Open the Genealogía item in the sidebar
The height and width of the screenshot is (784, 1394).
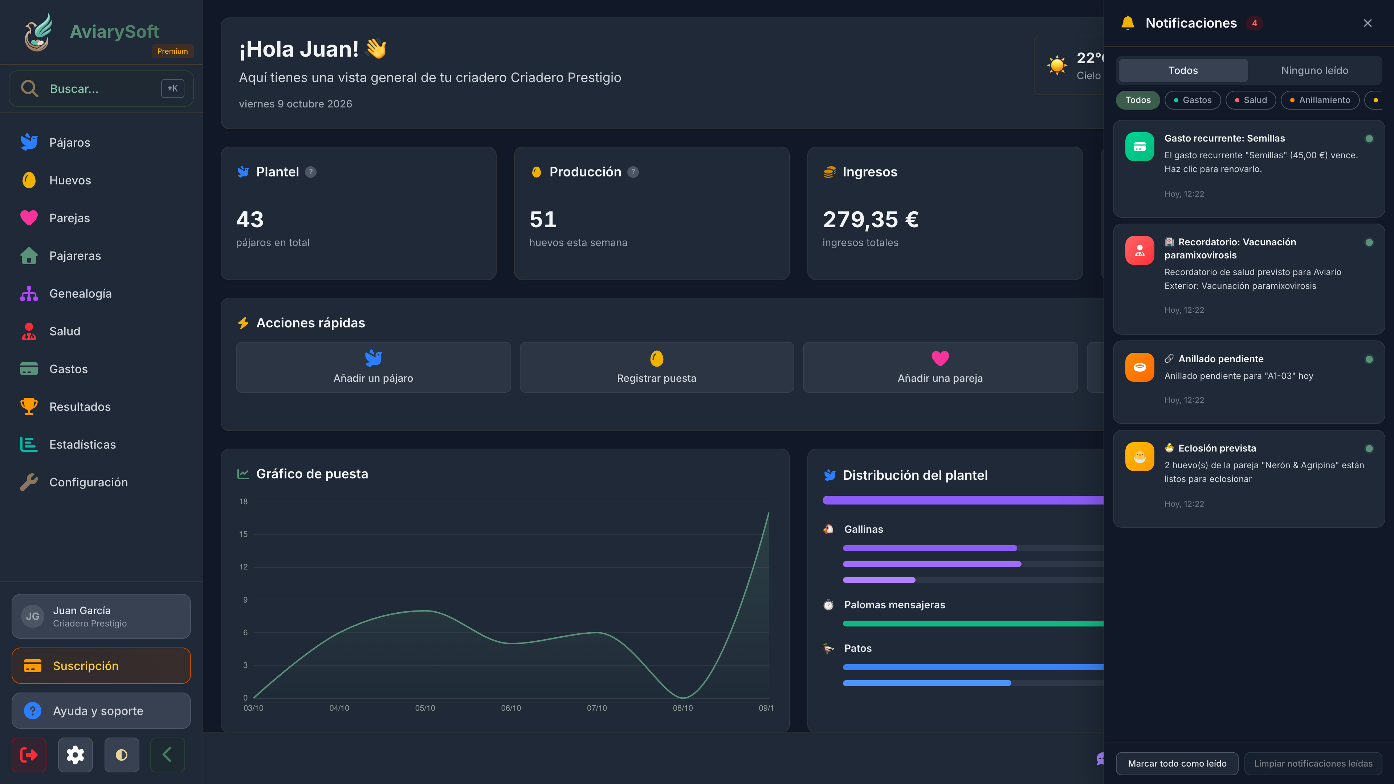click(x=80, y=293)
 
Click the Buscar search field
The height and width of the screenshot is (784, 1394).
click(x=101, y=89)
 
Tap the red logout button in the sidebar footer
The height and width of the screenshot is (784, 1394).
click(x=29, y=755)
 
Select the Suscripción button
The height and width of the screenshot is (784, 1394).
click(x=101, y=666)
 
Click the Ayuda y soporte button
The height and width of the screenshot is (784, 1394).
click(x=101, y=710)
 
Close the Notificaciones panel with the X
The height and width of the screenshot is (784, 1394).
click(x=1367, y=23)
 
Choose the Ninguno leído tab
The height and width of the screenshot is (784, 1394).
click(x=1314, y=70)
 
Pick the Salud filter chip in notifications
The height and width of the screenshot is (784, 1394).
click(x=1251, y=100)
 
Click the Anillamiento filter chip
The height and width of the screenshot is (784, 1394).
click(x=1320, y=100)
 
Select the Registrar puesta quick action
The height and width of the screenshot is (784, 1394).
click(x=656, y=367)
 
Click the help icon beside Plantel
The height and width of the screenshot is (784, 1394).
click(x=311, y=172)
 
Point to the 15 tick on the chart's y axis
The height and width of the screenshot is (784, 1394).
click(x=244, y=534)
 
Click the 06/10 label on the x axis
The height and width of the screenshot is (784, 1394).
click(x=511, y=708)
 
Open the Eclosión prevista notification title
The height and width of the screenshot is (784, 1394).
click(x=1217, y=448)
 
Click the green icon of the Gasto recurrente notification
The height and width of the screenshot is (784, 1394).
click(x=1140, y=147)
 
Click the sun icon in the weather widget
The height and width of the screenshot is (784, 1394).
click(x=1057, y=65)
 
